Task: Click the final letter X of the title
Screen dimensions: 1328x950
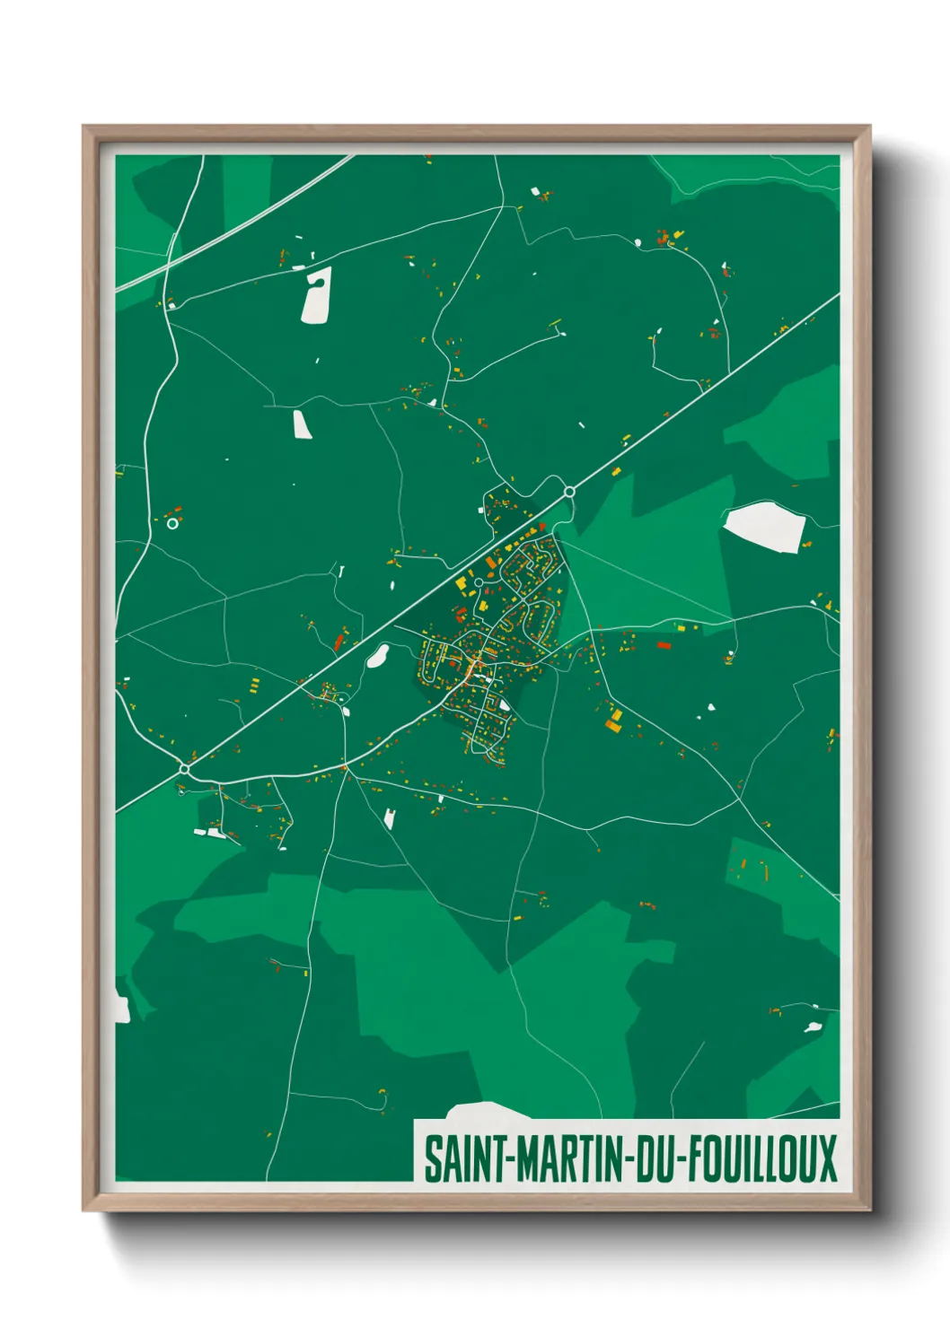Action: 826,1158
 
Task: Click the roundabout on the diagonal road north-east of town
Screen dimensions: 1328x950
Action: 569,492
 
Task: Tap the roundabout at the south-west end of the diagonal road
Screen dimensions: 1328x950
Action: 184,769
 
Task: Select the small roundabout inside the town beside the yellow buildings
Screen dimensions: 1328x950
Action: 479,582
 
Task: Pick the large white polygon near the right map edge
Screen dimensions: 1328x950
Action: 764,527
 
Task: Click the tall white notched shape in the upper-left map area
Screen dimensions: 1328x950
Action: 316,294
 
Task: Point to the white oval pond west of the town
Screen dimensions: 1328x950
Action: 377,656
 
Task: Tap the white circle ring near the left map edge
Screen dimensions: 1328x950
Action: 172,523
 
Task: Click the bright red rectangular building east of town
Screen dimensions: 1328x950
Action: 664,644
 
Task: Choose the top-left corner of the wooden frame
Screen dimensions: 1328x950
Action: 84,127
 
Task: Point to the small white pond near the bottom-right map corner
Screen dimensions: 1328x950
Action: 813,1027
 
